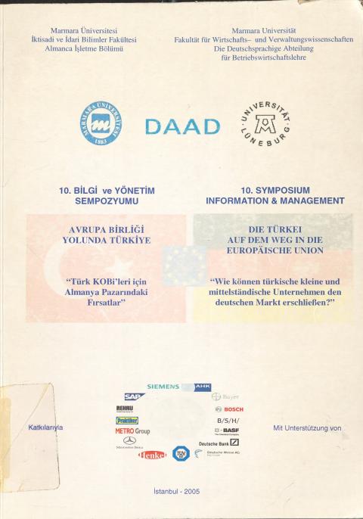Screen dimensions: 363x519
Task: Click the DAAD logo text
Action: pyautogui.click(x=181, y=126)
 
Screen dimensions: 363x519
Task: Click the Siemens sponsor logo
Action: pyautogui.click(x=163, y=387)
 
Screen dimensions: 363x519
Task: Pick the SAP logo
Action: pyautogui.click(x=135, y=396)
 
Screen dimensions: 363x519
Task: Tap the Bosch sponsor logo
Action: pyautogui.click(x=228, y=409)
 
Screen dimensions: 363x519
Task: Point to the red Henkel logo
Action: pyautogui.click(x=152, y=455)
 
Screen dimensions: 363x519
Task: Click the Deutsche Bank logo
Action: pyautogui.click(x=219, y=442)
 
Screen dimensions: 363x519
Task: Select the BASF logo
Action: pyautogui.click(x=227, y=430)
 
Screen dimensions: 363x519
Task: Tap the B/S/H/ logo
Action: pyautogui.click(x=228, y=420)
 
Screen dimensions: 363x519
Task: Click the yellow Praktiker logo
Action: pyautogui.click(x=127, y=420)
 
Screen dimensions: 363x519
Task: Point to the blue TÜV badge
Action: pyautogui.click(x=179, y=453)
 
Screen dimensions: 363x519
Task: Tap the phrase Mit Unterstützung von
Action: pyautogui.click(x=307, y=427)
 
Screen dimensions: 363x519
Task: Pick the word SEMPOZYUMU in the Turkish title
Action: pyautogui.click(x=106, y=201)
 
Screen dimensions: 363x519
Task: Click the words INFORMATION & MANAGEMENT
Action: pyautogui.click(x=275, y=201)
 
